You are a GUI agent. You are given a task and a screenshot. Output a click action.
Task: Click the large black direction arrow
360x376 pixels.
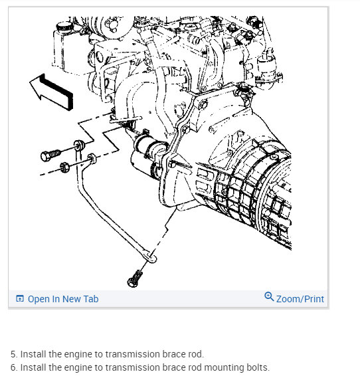pos(52,91)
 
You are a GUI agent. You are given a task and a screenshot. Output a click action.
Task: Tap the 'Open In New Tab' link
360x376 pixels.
pos(63,299)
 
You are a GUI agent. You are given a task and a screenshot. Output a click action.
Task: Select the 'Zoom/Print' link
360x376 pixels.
pos(300,299)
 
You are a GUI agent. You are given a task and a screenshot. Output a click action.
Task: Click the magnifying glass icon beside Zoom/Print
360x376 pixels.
pos(269,296)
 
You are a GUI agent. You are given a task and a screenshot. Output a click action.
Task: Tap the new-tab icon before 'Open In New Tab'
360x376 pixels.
pos(20,298)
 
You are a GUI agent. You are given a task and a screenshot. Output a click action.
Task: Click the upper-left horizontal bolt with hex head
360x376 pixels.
pos(50,155)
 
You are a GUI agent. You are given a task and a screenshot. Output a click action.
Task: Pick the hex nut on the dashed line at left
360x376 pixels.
pos(64,167)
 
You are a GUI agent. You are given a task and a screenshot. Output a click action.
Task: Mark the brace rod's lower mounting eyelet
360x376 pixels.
pos(150,257)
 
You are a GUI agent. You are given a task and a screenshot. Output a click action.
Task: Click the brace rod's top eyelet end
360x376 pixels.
pos(79,145)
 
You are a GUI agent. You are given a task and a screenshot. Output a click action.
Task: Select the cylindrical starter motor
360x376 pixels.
pos(148,156)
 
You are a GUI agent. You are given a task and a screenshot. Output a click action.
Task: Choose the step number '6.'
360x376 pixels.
pos(14,367)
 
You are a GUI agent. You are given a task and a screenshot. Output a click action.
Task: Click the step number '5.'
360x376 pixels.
pos(14,354)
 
